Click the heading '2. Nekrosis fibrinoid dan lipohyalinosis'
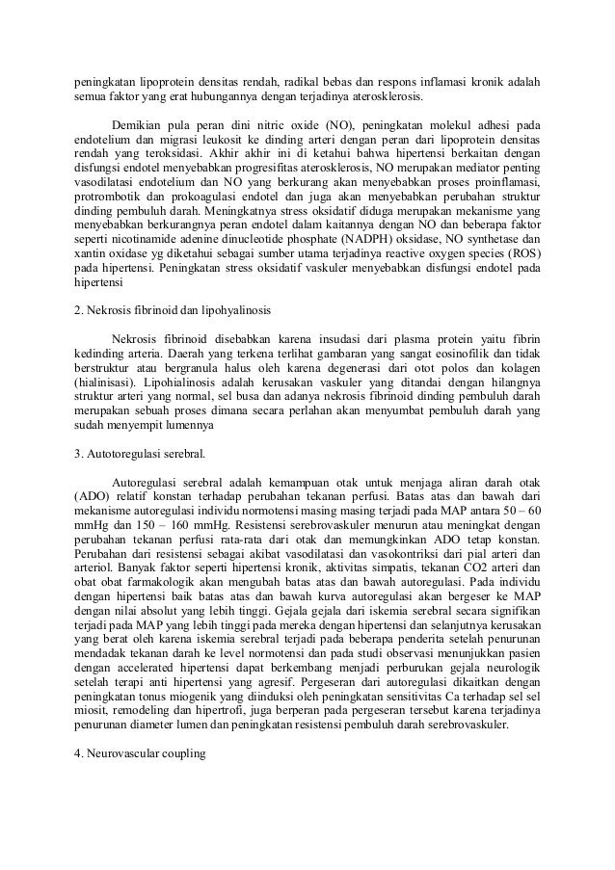[x=174, y=312]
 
